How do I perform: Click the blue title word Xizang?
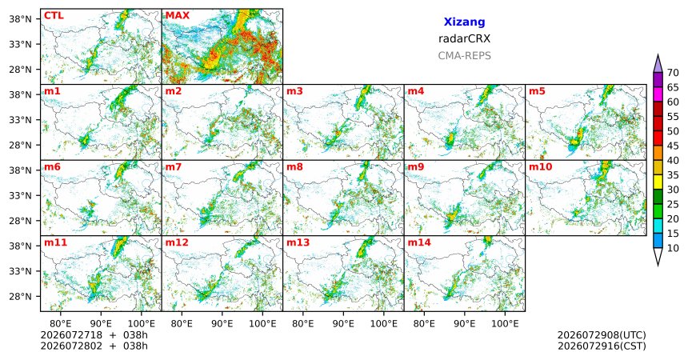464,22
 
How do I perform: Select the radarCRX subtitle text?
464,38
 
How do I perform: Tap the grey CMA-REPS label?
464,56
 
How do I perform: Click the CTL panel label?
54,16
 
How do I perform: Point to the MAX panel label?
178,16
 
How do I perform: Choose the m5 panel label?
537,91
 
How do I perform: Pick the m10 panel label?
540,167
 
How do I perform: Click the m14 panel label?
419,242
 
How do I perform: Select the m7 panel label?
174,167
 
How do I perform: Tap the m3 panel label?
294,91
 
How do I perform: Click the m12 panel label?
177,242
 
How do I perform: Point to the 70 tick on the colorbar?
673,73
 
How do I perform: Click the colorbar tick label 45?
673,146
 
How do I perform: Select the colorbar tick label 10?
673,248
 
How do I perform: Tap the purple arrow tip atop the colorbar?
658,55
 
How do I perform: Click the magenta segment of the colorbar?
658,94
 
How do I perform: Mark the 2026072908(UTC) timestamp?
602,335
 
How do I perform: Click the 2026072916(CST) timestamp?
602,346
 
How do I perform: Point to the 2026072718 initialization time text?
71,335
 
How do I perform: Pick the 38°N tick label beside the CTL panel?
20,19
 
